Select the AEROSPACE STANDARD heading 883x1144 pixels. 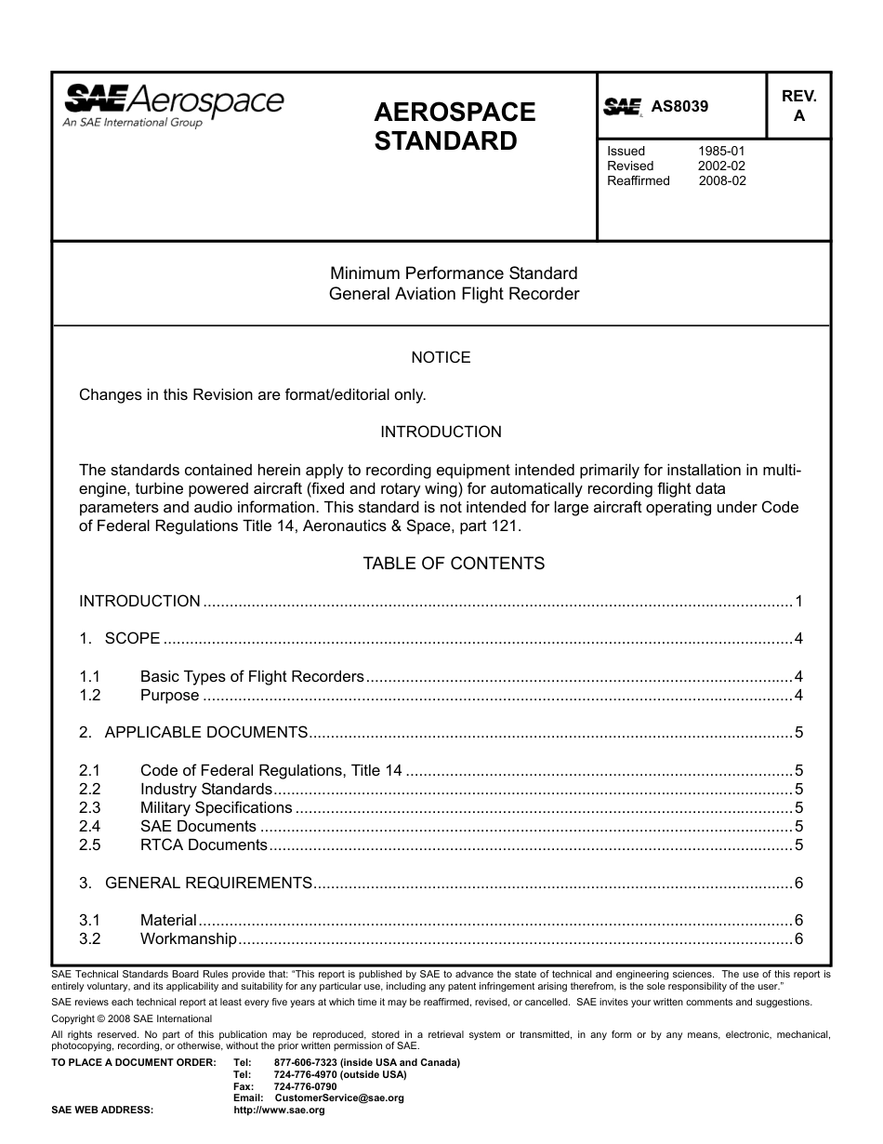(x=455, y=126)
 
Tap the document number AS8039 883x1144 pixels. (x=679, y=106)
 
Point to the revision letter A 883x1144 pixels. (x=798, y=117)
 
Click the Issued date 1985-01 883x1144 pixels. (x=721, y=151)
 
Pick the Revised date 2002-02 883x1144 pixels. (x=721, y=166)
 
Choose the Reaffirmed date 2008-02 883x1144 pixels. (x=721, y=180)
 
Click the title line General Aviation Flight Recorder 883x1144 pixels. (x=454, y=294)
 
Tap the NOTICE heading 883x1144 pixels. (x=441, y=357)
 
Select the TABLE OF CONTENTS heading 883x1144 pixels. (x=454, y=564)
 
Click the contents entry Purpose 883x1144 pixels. (x=169, y=696)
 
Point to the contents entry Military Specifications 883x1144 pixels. (x=216, y=807)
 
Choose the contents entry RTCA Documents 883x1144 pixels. (x=204, y=845)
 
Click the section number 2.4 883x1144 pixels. (x=90, y=826)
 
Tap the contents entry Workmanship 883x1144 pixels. (x=188, y=938)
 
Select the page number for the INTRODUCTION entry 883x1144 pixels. (x=798, y=601)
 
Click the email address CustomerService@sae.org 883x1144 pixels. (x=339, y=1097)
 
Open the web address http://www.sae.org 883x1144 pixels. (x=279, y=1110)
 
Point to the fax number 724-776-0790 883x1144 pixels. (x=306, y=1086)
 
